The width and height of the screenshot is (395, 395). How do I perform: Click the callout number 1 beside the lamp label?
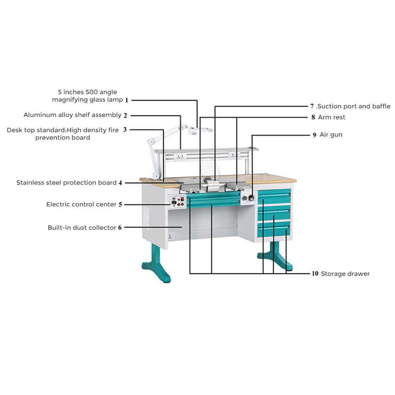click(x=127, y=100)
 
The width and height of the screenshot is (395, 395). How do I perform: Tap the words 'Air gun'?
click(x=331, y=135)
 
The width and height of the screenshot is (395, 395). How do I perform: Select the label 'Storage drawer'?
click(x=345, y=274)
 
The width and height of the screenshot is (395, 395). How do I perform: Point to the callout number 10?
click(x=315, y=274)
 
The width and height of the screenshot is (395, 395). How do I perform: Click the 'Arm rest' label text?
click(x=331, y=117)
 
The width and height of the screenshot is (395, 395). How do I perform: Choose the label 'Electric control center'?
click(x=81, y=204)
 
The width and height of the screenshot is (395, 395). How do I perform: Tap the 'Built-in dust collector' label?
click(x=82, y=228)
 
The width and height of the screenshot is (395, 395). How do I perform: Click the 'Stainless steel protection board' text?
click(x=66, y=182)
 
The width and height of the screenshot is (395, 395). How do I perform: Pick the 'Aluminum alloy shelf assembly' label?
click(x=72, y=115)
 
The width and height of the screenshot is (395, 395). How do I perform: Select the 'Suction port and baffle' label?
click(x=354, y=106)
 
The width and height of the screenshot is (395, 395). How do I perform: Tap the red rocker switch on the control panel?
click(x=182, y=198)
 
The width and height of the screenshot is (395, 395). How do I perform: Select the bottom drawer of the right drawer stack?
click(x=274, y=230)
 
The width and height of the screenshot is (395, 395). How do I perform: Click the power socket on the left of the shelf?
click(x=180, y=157)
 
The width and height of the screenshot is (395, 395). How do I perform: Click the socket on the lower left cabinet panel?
click(x=171, y=237)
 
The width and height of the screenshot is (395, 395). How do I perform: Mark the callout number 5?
click(x=120, y=205)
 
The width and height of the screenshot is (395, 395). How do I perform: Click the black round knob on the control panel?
click(x=173, y=204)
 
